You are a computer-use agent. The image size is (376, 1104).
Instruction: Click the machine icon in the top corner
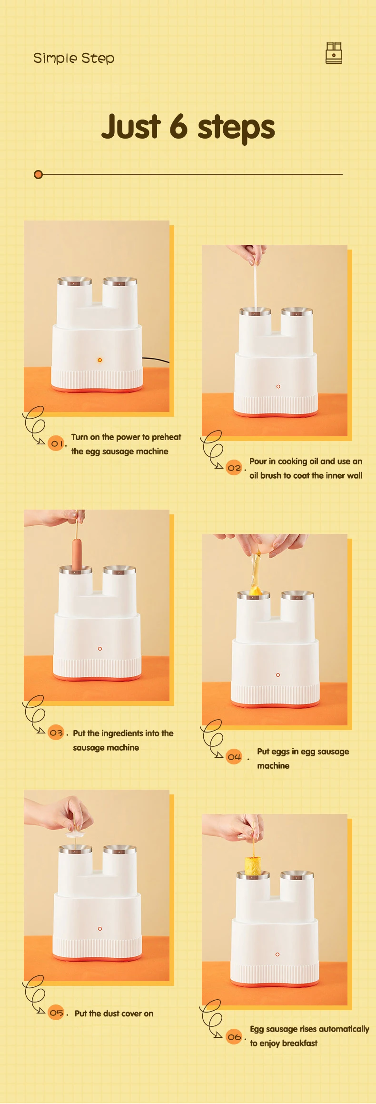pos(334,53)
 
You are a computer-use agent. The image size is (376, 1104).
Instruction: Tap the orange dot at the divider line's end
pos(39,174)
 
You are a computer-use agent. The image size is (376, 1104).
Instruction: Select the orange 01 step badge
pos(56,443)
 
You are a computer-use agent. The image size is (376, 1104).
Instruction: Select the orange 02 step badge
pos(234,468)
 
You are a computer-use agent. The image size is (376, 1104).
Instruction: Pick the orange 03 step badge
pos(56,733)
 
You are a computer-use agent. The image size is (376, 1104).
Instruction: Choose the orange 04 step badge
pos(234,756)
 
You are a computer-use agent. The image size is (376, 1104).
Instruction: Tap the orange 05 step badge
pos(56,1013)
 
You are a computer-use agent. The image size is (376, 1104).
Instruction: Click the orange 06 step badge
pos(234,1036)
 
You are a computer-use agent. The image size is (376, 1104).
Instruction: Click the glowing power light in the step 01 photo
pos(99,360)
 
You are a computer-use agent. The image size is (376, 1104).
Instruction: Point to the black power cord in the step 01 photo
pos(156,360)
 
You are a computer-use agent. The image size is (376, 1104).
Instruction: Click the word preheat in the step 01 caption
pos(167,437)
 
